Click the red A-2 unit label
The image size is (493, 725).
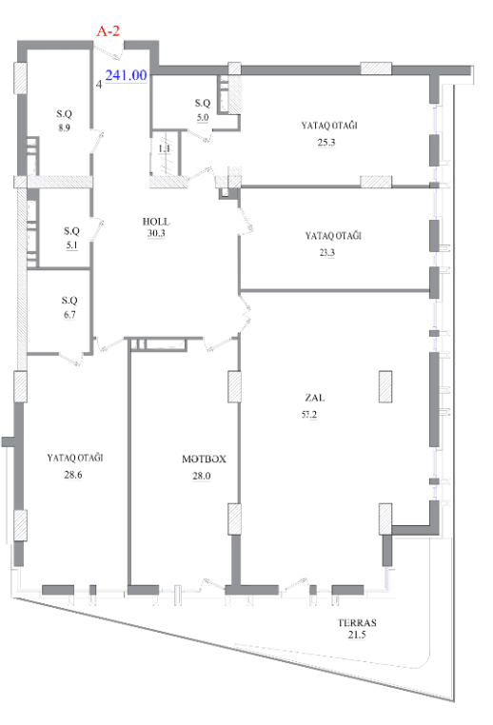[x=108, y=31]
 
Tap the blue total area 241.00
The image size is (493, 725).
[x=126, y=75]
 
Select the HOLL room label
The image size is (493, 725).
[x=156, y=222]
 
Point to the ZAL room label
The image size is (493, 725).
[x=314, y=397]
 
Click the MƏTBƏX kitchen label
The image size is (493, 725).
[x=204, y=460]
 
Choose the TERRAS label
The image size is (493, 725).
[x=357, y=622]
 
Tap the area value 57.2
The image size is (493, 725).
[x=309, y=414]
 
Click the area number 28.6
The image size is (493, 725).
[x=73, y=475]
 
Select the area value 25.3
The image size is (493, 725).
[x=326, y=143]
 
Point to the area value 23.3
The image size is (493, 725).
[x=326, y=252]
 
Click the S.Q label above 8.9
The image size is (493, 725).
[x=65, y=114]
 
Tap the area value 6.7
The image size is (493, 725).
[x=69, y=315]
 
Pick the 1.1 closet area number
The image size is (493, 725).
[x=165, y=148]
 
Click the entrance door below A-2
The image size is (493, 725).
[x=109, y=50]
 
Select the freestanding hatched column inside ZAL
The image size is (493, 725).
[x=385, y=386]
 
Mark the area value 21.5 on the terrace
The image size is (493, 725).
[x=357, y=635]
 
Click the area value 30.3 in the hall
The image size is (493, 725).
[x=156, y=233]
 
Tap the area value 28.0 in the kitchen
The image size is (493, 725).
[x=202, y=476]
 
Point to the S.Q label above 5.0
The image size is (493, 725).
[x=203, y=103]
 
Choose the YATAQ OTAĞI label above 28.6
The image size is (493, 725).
[x=75, y=458]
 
